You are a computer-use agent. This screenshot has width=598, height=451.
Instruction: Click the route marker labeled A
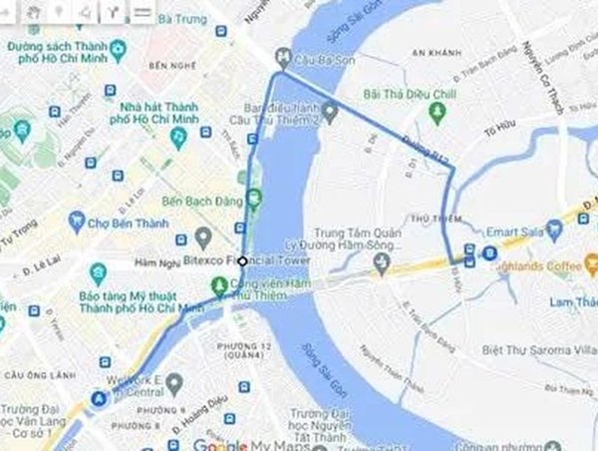point(99,399)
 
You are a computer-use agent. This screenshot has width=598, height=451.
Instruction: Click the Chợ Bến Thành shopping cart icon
point(76,222)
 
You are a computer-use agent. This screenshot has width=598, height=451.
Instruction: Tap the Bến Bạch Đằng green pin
point(253,198)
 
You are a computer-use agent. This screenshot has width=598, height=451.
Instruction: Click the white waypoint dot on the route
point(242,260)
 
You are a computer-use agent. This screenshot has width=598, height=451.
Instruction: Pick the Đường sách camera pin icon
point(120,47)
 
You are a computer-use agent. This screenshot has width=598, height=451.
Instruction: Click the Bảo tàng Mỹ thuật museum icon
point(98,272)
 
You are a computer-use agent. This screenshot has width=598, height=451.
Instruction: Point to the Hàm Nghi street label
point(155,261)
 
